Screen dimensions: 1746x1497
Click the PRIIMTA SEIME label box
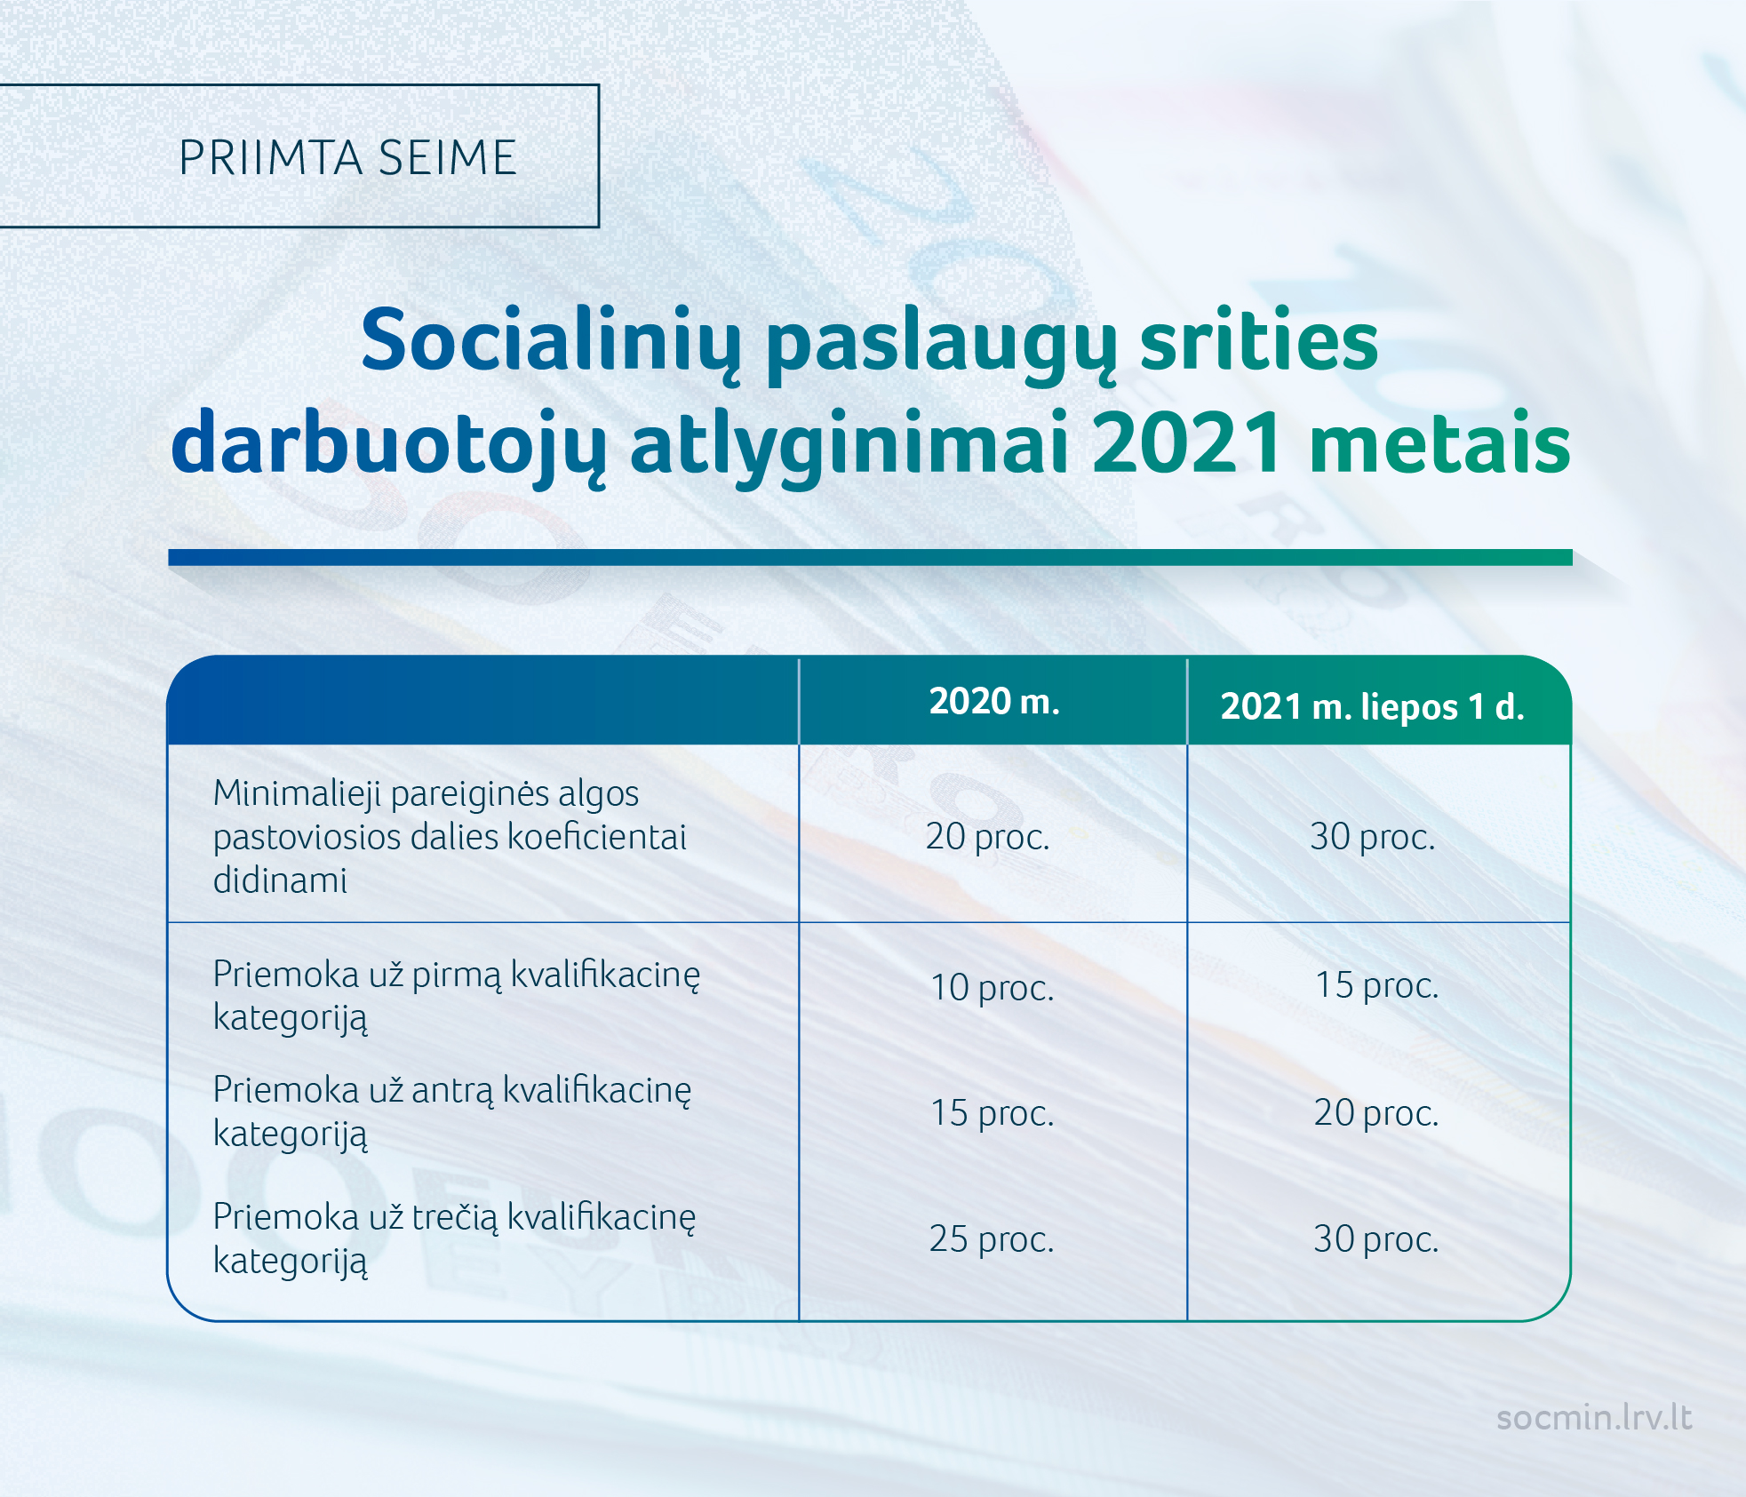coord(299,156)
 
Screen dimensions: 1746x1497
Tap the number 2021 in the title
coord(1187,442)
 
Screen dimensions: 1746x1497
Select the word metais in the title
coord(1440,442)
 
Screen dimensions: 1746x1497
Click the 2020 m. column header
coord(994,701)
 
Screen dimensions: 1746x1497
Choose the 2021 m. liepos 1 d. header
coord(1373,707)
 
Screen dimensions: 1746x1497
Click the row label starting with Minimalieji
coord(450,836)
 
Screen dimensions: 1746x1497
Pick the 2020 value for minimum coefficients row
coord(988,837)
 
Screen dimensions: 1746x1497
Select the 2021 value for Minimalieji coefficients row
coord(1373,837)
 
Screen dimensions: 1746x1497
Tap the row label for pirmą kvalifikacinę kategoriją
coord(457,996)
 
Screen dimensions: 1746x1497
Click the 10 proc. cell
coord(993,988)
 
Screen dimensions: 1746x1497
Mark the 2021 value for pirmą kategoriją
coord(1376,985)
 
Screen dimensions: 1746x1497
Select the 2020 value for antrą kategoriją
coord(993,1113)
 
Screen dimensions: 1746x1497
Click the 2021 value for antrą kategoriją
coord(1376,1113)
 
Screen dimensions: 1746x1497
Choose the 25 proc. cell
coord(992,1239)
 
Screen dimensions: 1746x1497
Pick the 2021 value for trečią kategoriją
coord(1376,1239)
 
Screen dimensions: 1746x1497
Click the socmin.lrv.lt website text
coord(1595,1417)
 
